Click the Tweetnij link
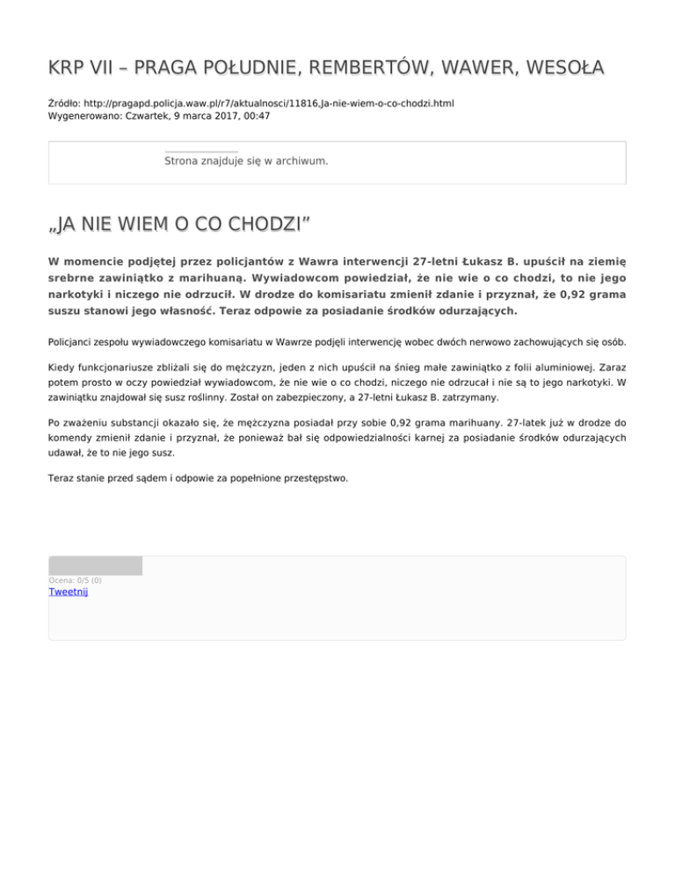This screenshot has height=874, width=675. (68, 592)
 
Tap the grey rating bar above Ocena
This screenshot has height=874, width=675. (95, 565)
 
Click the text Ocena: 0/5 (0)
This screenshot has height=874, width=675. (75, 580)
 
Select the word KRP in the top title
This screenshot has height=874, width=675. (66, 69)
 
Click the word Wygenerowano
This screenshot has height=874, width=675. (83, 115)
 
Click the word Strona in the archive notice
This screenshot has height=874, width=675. (182, 161)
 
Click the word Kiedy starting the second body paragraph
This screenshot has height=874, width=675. (62, 373)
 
